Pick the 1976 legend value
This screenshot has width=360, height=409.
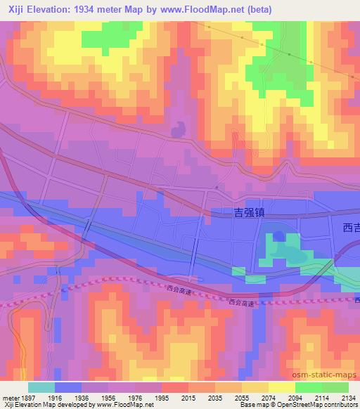(136, 397)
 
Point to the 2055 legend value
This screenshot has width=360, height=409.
(243, 397)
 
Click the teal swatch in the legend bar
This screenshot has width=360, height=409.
(41, 387)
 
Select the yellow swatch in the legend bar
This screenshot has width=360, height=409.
(281, 387)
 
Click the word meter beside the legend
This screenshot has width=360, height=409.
(10, 397)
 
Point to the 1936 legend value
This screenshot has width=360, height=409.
(83, 397)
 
